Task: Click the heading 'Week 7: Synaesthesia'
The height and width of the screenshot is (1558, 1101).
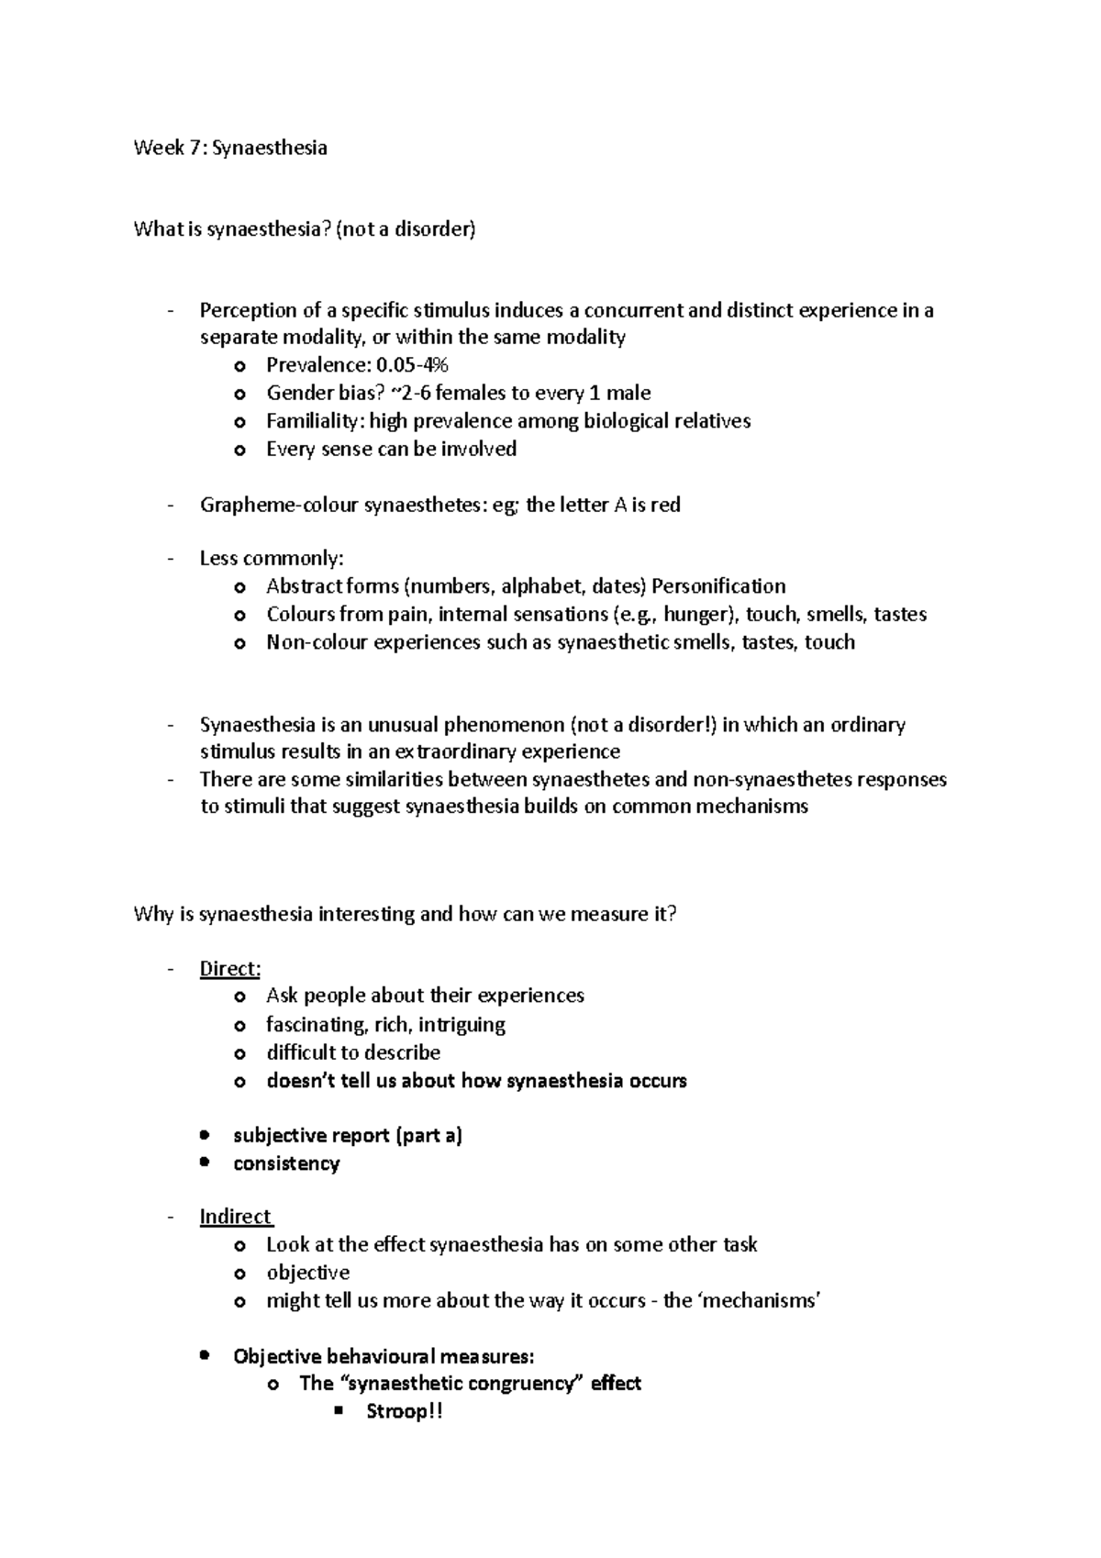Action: click(x=230, y=148)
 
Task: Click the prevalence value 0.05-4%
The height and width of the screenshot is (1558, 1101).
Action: click(x=414, y=365)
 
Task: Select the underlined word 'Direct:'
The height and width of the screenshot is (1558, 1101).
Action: click(x=230, y=969)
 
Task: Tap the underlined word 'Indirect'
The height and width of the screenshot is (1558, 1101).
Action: click(x=236, y=1217)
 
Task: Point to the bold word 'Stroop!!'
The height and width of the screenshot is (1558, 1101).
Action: click(x=405, y=1411)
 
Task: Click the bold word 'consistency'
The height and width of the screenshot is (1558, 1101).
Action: click(x=286, y=1163)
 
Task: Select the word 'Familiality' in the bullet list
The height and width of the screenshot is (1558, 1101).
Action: click(x=315, y=421)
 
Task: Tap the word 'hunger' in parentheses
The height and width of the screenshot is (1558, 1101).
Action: click(x=695, y=614)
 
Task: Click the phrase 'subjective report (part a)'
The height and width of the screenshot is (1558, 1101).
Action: click(x=348, y=1136)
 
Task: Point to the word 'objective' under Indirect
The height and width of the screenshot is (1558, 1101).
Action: click(x=307, y=1273)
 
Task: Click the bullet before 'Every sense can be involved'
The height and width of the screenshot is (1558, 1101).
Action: click(x=240, y=451)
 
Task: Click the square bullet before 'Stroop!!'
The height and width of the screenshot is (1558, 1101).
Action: click(x=339, y=1412)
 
